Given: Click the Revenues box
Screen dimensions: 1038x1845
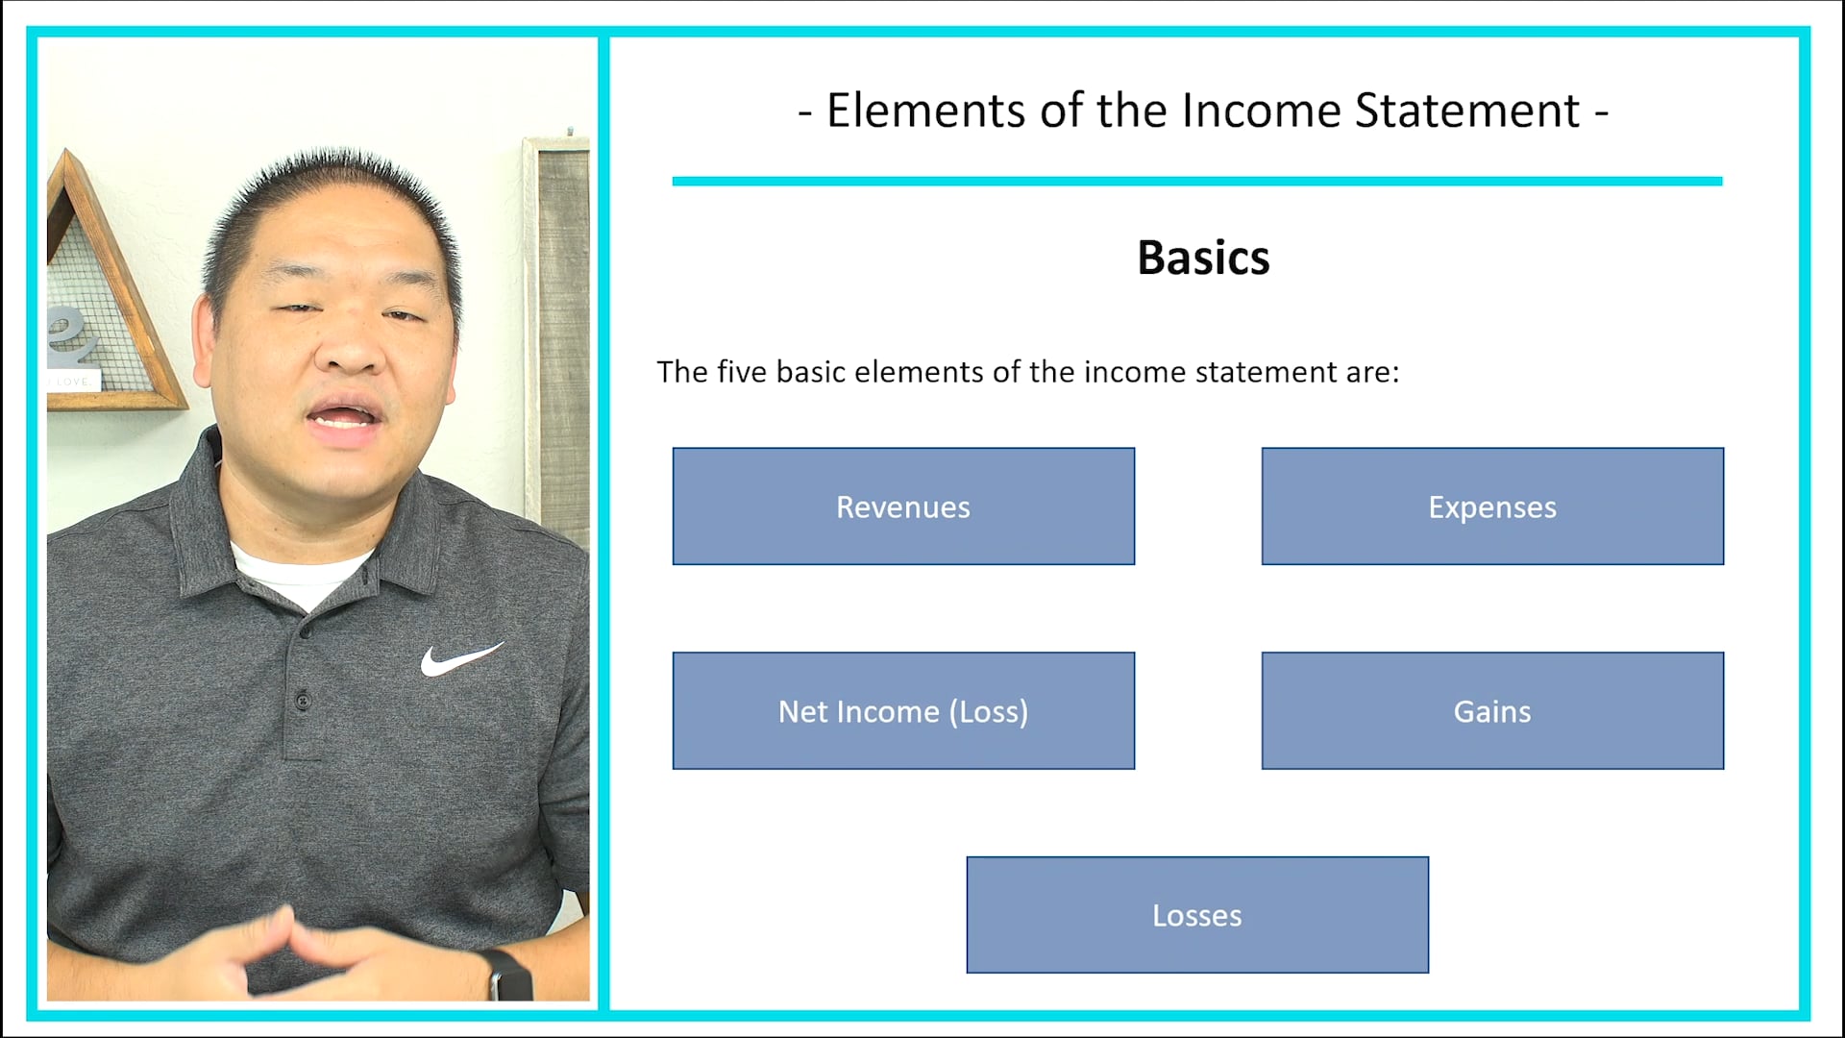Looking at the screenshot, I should tap(903, 507).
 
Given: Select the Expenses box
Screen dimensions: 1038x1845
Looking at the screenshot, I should tap(1492, 507).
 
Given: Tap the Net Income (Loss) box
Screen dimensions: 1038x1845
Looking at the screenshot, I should tap(903, 711).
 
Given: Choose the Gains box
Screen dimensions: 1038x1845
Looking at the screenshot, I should tap(1492, 711).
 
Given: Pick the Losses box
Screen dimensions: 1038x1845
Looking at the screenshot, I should tap(1197, 915).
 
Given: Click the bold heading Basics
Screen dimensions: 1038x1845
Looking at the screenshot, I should tap(1203, 258).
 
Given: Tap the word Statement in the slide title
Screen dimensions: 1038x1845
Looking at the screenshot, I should tap(1467, 111).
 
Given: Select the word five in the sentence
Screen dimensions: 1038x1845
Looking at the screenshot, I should tap(742, 372).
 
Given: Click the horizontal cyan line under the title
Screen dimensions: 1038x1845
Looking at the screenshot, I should tap(1196, 181).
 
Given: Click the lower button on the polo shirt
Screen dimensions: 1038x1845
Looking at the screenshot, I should tap(303, 699).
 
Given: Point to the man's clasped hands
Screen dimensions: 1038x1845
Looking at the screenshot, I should tap(288, 951).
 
